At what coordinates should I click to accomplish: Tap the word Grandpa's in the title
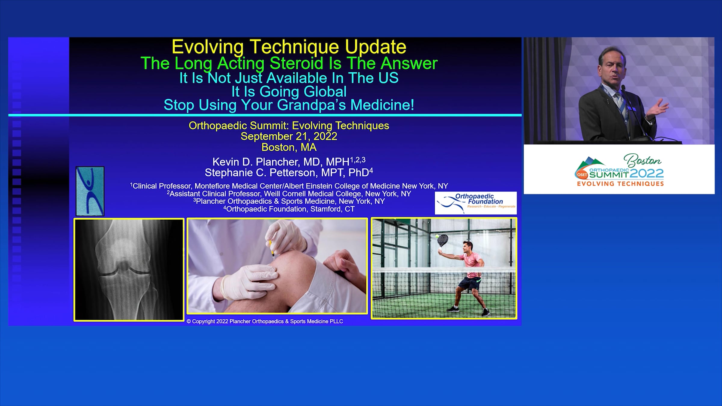coord(312,105)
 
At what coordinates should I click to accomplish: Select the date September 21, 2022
coord(289,136)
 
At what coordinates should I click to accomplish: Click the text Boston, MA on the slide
coord(289,147)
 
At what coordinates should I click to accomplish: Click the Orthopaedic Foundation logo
coord(476,203)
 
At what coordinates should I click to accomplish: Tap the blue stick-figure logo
coord(90,191)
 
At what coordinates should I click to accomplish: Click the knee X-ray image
coord(129,269)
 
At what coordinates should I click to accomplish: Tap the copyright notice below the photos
coord(265,321)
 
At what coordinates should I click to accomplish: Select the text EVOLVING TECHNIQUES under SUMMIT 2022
coord(620,184)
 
